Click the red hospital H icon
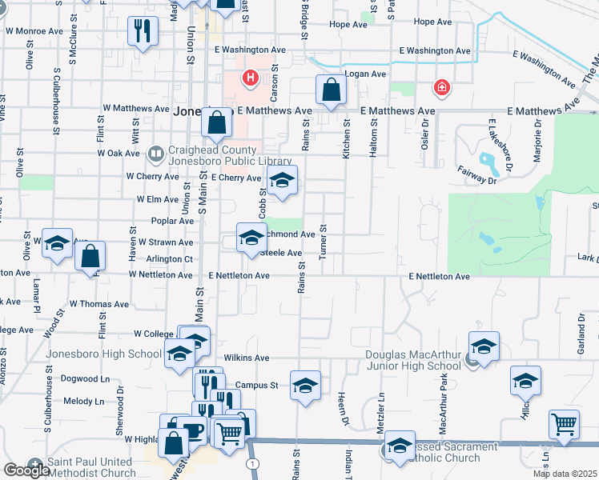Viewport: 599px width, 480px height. pyautogui.click(x=250, y=78)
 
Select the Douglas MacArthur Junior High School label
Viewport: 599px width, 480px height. pyautogui.click(x=413, y=360)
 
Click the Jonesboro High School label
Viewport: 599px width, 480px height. pyautogui.click(x=104, y=354)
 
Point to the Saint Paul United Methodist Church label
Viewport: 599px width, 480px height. pyautogui.click(x=90, y=468)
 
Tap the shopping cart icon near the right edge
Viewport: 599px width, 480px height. pyautogui.click(x=565, y=423)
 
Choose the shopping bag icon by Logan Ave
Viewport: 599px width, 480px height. pyautogui.click(x=331, y=90)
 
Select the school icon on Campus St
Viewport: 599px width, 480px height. pyautogui.click(x=305, y=386)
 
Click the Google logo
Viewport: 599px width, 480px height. pyautogui.click(x=26, y=470)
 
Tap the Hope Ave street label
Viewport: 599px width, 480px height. pyautogui.click(x=347, y=25)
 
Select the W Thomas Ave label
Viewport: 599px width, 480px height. pyautogui.click(x=98, y=304)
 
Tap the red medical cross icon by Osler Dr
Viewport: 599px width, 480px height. pyautogui.click(x=440, y=86)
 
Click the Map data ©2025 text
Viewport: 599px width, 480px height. pyautogui.click(x=565, y=474)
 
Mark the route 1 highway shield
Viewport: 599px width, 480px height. pyautogui.click(x=253, y=464)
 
